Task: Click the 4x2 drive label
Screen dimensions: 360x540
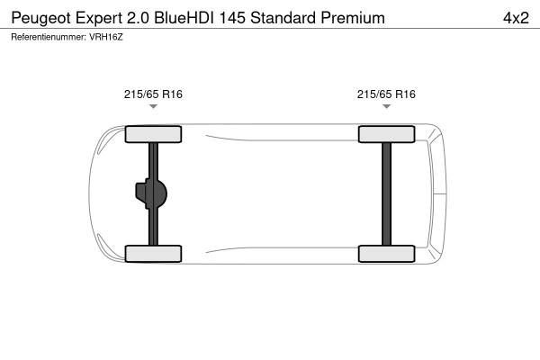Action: coord(513,18)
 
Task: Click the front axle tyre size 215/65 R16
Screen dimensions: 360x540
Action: coord(153,94)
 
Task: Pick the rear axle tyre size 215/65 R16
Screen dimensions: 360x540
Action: coord(386,94)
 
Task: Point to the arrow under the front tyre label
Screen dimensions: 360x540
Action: coord(153,107)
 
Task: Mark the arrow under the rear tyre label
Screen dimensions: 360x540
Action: coord(386,107)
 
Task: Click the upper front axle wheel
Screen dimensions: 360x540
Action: coord(153,135)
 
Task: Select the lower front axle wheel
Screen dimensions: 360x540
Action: coord(153,253)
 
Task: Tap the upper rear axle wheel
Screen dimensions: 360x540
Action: coord(386,135)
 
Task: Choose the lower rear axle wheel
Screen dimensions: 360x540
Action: coord(386,253)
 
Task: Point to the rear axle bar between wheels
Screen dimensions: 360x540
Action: coord(386,193)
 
